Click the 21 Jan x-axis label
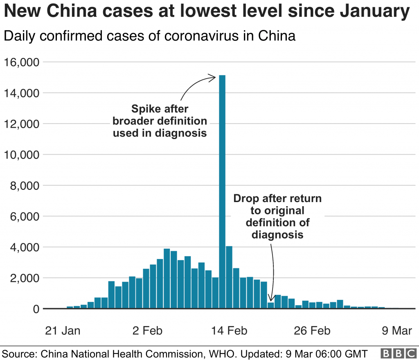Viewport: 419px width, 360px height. (62, 331)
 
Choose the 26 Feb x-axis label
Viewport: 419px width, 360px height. (312, 331)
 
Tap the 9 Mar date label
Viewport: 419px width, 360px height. (396, 331)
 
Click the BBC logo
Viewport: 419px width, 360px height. (398, 353)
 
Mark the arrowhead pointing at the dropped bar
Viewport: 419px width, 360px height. (270, 299)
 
